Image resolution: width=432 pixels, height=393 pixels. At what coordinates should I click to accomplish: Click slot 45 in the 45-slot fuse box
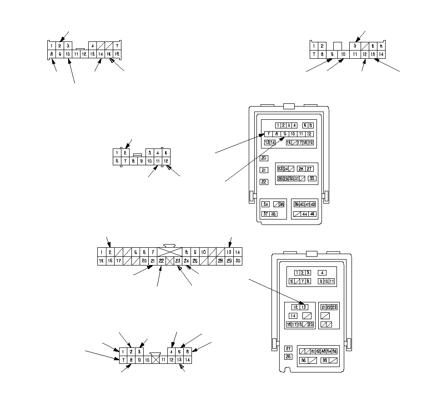[312, 214]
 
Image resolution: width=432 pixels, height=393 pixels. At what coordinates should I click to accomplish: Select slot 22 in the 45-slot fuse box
[264, 182]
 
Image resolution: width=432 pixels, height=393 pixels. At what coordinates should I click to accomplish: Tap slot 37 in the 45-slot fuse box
[266, 214]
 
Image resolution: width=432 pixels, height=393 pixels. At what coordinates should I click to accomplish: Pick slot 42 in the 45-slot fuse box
[313, 204]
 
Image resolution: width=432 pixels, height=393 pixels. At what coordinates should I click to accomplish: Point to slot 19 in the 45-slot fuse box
[311, 143]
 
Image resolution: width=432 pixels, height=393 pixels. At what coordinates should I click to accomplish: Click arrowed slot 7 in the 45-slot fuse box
[269, 134]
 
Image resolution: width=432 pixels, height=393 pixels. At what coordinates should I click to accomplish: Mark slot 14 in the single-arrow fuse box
[293, 316]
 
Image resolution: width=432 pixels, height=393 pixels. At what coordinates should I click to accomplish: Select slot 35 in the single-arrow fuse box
[335, 351]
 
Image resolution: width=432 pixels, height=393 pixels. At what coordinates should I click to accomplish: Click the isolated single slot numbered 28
[288, 357]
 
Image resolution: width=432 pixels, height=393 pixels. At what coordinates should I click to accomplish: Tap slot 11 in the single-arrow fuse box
[332, 281]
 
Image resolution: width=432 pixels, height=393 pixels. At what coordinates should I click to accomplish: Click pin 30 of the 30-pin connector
[238, 261]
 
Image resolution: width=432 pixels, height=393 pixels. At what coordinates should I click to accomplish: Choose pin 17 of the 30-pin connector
[118, 261]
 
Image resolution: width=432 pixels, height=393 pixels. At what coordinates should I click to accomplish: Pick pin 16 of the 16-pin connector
[117, 54]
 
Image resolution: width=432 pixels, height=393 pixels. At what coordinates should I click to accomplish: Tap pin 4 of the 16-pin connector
[92, 46]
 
